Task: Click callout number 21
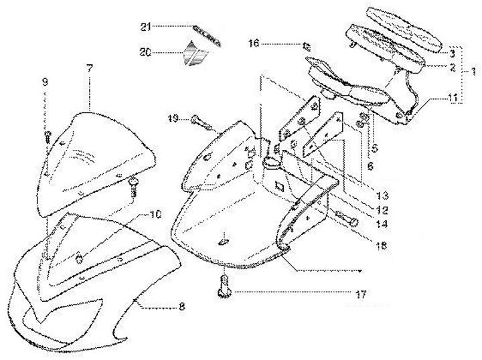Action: point(146,27)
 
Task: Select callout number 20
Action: point(146,52)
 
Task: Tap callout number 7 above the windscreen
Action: point(88,68)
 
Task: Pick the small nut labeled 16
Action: point(307,46)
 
